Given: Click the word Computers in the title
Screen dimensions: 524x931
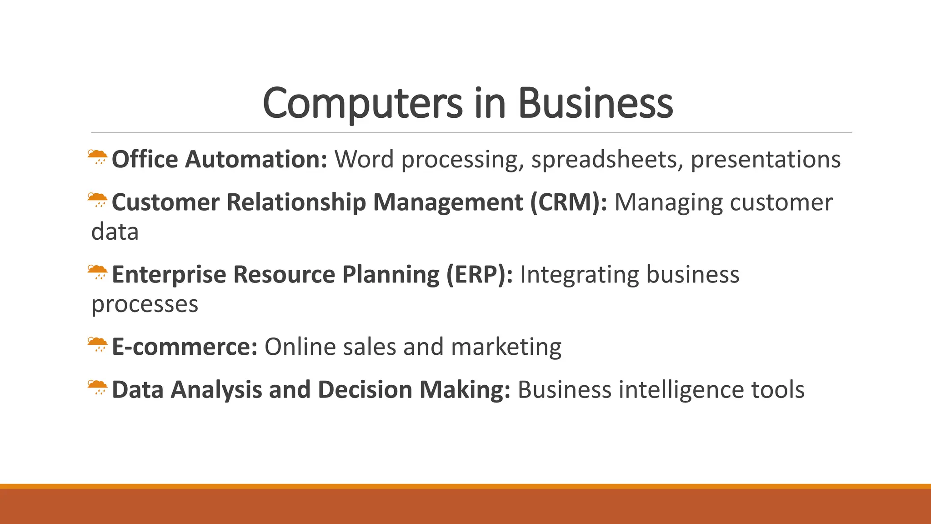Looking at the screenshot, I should (362, 104).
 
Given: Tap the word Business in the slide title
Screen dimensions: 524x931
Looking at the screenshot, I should (595, 104).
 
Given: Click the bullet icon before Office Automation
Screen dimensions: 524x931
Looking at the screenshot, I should (98, 157).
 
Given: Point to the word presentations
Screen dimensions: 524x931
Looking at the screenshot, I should (766, 160).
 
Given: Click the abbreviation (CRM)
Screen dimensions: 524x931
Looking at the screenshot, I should (568, 202).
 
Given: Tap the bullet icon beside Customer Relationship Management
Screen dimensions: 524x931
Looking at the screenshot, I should (98, 200).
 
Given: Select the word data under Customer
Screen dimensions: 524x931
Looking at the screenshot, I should (115, 232).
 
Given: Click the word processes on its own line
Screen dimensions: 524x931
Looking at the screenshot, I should (145, 304).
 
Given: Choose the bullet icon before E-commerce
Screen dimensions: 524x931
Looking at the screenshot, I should (98, 345).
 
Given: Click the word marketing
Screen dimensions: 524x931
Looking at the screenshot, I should (506, 347).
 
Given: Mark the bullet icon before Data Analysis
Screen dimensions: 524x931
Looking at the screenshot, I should (98, 388).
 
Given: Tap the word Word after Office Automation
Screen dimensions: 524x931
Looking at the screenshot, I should (364, 160).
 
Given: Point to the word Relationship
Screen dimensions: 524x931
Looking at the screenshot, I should (296, 202).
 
